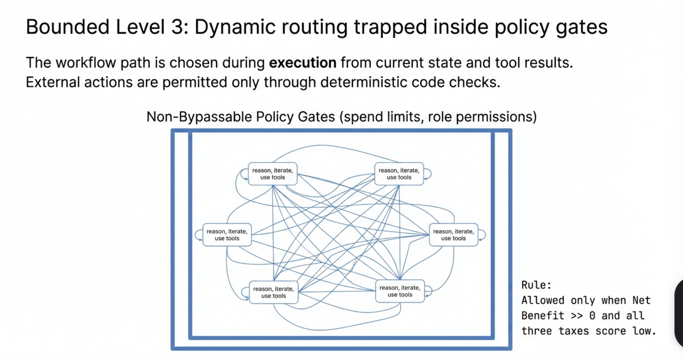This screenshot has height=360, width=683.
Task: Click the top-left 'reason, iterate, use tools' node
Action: (x=272, y=174)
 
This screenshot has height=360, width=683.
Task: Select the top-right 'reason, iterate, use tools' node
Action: (x=399, y=174)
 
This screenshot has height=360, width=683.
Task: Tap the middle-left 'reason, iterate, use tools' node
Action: (x=227, y=235)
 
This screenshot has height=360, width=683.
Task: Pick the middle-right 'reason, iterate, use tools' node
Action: (x=453, y=235)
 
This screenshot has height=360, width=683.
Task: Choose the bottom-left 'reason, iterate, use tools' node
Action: (x=274, y=292)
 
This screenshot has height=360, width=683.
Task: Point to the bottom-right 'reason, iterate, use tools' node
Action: (x=400, y=291)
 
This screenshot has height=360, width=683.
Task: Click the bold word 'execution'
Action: (x=303, y=63)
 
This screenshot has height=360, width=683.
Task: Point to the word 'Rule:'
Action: (x=536, y=285)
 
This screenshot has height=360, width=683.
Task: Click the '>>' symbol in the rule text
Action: (x=577, y=316)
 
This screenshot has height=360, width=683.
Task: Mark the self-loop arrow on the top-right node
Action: (x=428, y=174)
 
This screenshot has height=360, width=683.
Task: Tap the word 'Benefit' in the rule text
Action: (x=543, y=316)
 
